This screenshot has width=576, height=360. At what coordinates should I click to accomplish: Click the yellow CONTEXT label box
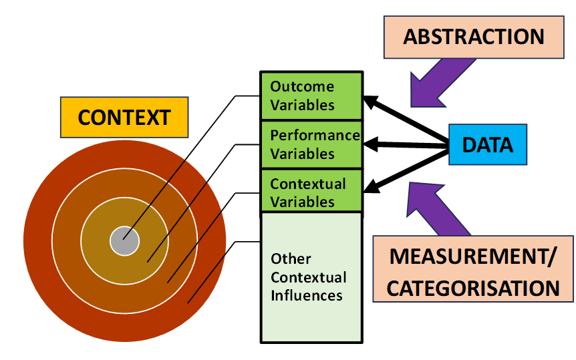(124, 118)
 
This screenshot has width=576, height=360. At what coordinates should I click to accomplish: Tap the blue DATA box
(487, 144)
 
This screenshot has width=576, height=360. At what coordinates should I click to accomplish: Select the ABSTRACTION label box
(473, 36)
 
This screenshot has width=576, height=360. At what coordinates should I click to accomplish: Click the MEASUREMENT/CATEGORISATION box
(473, 269)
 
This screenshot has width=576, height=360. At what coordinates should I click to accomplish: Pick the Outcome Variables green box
(311, 96)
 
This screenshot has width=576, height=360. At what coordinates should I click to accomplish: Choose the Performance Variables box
(311, 144)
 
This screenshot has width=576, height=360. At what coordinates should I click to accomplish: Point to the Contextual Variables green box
(311, 192)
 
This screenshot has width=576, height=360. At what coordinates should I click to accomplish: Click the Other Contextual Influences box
(311, 277)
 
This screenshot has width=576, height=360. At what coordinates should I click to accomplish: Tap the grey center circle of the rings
(124, 240)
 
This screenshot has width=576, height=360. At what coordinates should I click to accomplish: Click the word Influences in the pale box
(307, 295)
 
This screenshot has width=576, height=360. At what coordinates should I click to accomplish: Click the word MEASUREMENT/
(473, 256)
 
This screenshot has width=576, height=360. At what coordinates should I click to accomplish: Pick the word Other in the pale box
(291, 258)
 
